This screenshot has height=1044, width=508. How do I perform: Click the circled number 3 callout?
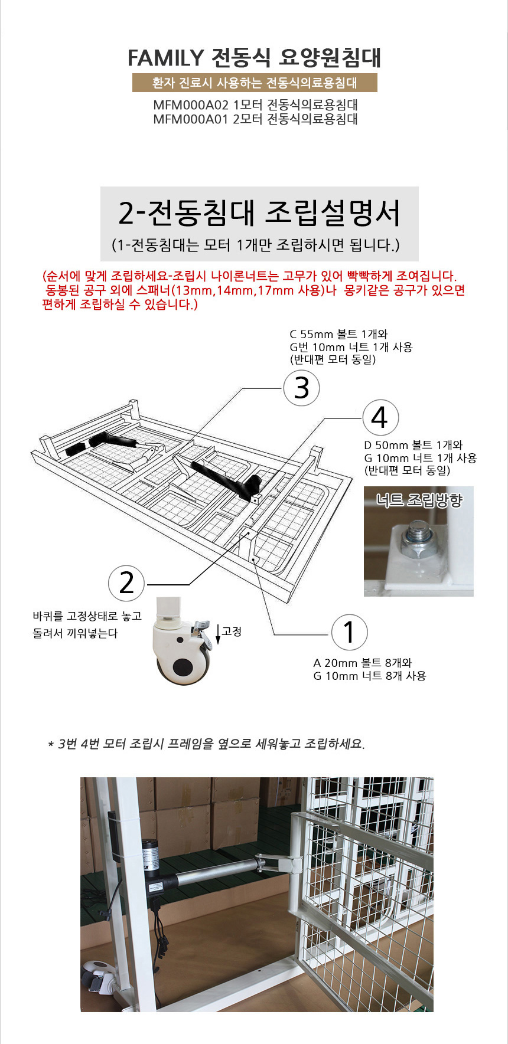pyautogui.click(x=301, y=388)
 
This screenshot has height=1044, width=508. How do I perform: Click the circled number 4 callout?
pyautogui.click(x=380, y=417)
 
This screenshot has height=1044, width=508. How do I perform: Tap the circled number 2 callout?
pyautogui.click(x=126, y=583)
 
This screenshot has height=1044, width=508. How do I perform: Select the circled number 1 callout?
pyautogui.click(x=349, y=632)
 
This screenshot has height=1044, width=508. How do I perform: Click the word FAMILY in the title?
pyautogui.click(x=165, y=58)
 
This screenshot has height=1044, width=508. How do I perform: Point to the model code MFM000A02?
pyautogui.click(x=190, y=105)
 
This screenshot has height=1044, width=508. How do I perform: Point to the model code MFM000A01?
pyautogui.click(x=190, y=119)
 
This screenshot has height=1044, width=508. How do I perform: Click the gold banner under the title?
pyautogui.click(x=255, y=83)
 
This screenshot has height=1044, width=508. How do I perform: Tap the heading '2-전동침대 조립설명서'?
pyautogui.click(x=259, y=213)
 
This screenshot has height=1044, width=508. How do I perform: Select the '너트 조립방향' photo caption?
pyautogui.click(x=419, y=500)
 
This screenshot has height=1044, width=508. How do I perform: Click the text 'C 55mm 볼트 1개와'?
pyautogui.click(x=338, y=334)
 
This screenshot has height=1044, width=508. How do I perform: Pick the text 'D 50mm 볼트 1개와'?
pyautogui.click(x=413, y=445)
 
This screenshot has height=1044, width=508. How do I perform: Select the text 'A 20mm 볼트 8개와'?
pyautogui.click(x=362, y=663)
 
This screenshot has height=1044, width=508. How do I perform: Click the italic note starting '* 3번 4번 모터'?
pyautogui.click(x=206, y=744)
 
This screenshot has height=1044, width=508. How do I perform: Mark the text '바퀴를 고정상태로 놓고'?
pyautogui.click(x=87, y=616)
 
